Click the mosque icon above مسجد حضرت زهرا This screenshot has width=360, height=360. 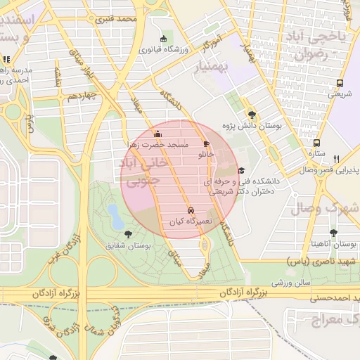point(157,134)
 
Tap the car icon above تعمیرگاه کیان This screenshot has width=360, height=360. point(191,210)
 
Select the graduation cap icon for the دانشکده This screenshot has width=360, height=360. point(241,170)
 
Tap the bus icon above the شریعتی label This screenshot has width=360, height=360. point(340,82)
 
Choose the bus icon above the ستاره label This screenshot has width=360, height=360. point(317,142)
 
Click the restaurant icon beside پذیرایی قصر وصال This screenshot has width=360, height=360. point(337,159)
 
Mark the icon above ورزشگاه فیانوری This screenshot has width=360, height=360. point(163,39)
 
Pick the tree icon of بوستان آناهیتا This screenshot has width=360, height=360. point(333,233)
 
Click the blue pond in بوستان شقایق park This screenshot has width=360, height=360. point(112,214)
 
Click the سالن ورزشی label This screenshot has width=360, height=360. point(292,282)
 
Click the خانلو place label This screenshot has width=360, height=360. point(206,153)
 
